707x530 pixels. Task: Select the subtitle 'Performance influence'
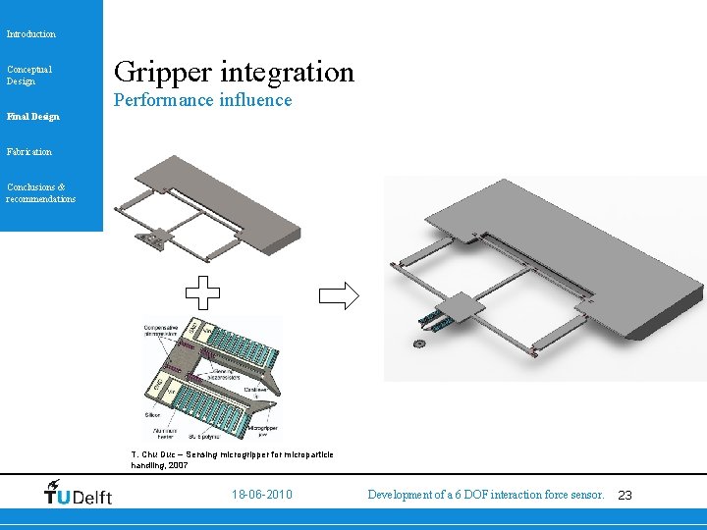click(202, 100)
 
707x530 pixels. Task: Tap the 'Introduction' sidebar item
click(31, 34)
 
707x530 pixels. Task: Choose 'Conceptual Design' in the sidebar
click(29, 75)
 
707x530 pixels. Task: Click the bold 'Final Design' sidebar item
click(32, 117)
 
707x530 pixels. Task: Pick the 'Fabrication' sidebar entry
click(29, 152)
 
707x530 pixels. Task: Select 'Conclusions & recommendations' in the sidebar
click(40, 193)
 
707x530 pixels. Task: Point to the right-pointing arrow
click(339, 295)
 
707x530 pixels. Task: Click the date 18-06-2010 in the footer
click(261, 495)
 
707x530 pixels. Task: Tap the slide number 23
click(625, 496)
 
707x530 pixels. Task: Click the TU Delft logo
click(79, 494)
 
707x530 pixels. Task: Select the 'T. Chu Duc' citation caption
click(232, 459)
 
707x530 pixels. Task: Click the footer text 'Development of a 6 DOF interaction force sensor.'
click(485, 495)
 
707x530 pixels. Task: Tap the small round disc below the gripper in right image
click(420, 344)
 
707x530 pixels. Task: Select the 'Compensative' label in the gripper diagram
click(166, 327)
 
